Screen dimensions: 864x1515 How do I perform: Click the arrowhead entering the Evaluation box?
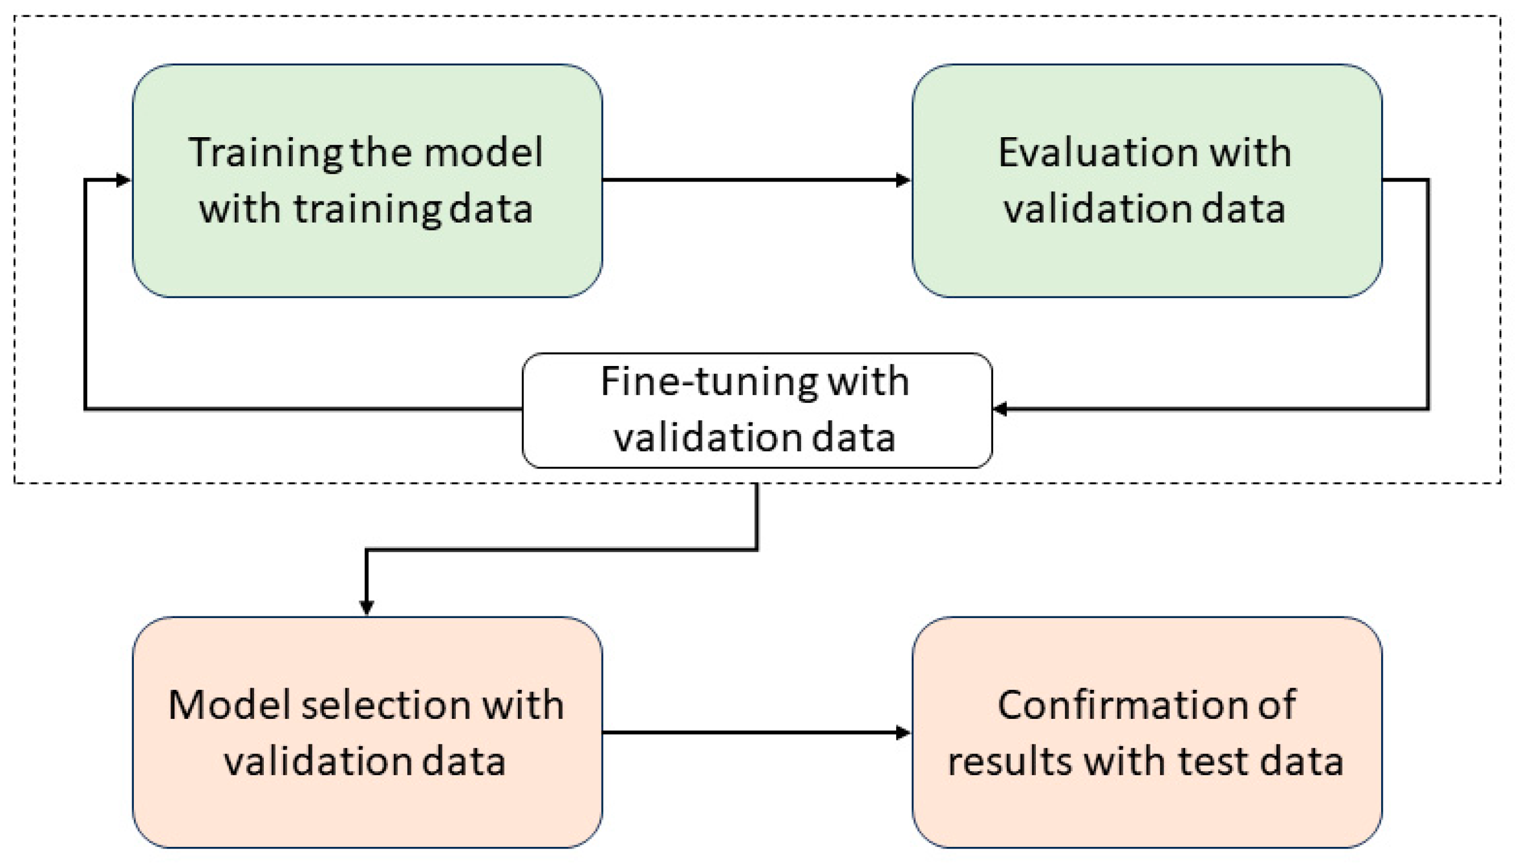(x=903, y=179)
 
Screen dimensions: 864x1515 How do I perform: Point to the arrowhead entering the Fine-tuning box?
(x=1000, y=409)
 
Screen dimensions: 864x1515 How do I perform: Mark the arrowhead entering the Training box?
(x=123, y=179)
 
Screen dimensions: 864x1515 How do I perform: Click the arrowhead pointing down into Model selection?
(x=366, y=607)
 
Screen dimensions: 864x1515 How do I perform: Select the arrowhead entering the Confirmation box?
(x=903, y=733)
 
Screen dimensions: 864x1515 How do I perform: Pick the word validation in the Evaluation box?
(x=1096, y=209)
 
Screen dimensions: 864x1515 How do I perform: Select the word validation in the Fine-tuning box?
(x=707, y=438)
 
